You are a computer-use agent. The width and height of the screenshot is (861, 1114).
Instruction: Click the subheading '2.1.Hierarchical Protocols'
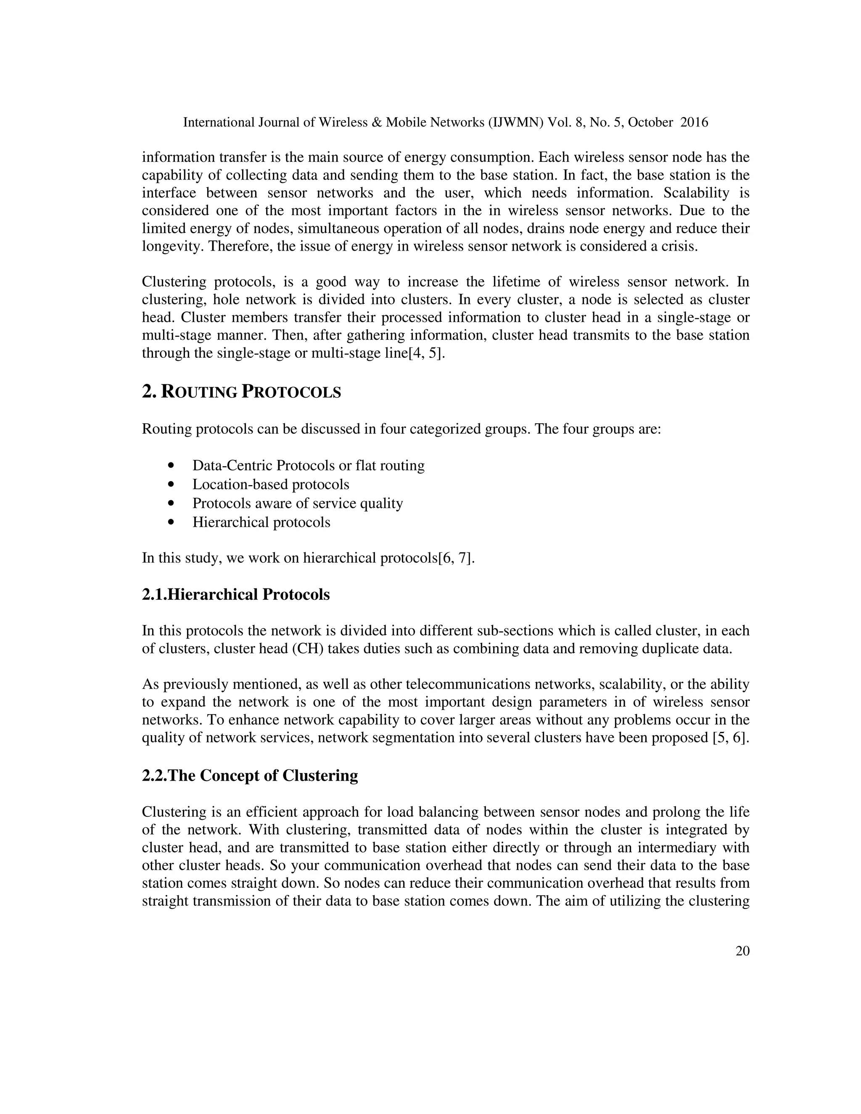(x=236, y=594)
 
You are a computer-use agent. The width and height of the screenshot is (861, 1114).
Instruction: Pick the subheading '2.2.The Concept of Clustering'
(x=250, y=775)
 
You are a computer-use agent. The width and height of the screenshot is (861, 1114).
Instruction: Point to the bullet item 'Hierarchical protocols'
(x=261, y=522)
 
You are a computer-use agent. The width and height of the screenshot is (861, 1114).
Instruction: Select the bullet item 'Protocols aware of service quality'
(x=297, y=504)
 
